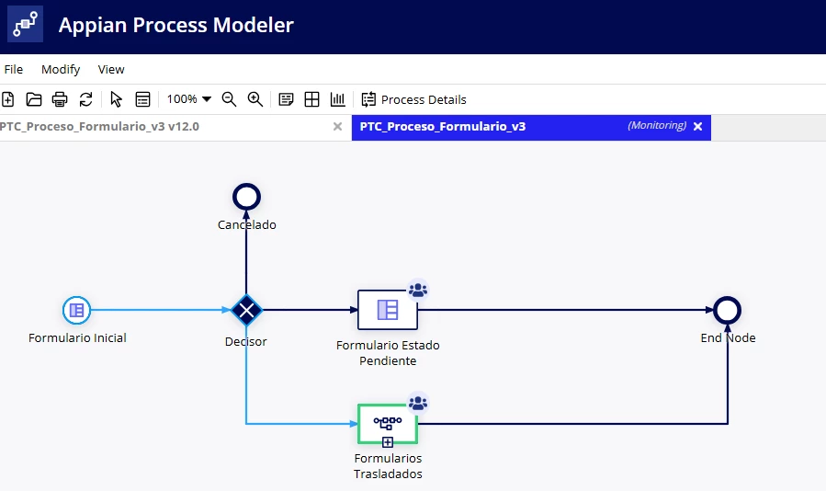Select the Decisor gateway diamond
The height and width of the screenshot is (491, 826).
246,310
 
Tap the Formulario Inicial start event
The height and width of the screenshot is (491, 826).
77,310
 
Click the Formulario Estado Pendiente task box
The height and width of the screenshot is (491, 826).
388,310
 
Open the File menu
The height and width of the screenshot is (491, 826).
14,70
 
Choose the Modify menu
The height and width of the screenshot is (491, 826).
61,70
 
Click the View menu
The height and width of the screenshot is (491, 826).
111,70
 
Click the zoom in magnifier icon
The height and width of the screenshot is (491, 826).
255,99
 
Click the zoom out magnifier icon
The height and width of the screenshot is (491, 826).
229,99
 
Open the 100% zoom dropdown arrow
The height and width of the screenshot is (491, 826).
207,99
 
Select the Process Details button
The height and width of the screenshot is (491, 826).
413,99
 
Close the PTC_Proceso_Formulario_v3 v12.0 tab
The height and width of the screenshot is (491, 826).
338,127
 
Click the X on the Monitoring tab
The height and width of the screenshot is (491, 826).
698,127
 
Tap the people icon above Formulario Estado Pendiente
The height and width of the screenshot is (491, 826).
418,290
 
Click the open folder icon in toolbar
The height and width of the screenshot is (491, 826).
34,99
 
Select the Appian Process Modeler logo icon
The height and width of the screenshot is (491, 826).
26,24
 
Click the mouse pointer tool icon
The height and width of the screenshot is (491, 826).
116,99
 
